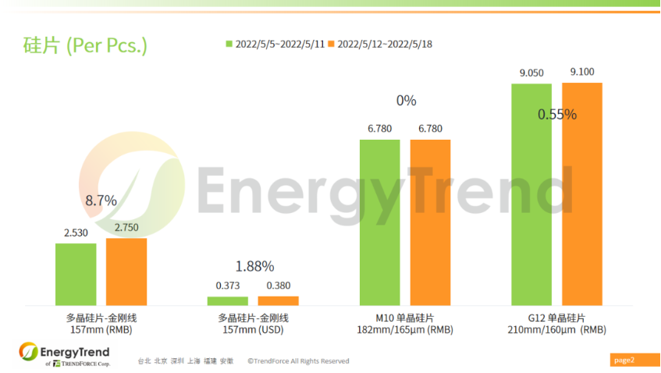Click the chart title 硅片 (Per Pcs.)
(x=85, y=45)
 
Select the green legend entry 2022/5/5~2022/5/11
(x=276, y=44)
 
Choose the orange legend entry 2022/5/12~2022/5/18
(x=381, y=44)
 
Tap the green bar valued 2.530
(x=76, y=274)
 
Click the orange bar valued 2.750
(x=126, y=272)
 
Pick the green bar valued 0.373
(x=228, y=300)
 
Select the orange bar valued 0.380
(x=279, y=300)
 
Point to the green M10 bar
(x=380, y=222)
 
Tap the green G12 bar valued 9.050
(x=531, y=194)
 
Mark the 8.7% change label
(x=101, y=201)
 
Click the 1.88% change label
(x=253, y=266)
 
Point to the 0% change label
(x=406, y=101)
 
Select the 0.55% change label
(x=557, y=115)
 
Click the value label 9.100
(x=582, y=73)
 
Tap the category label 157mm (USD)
(x=254, y=330)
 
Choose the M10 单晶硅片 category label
(x=405, y=318)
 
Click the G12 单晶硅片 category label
(x=556, y=318)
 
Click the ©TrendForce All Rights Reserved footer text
(x=298, y=361)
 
